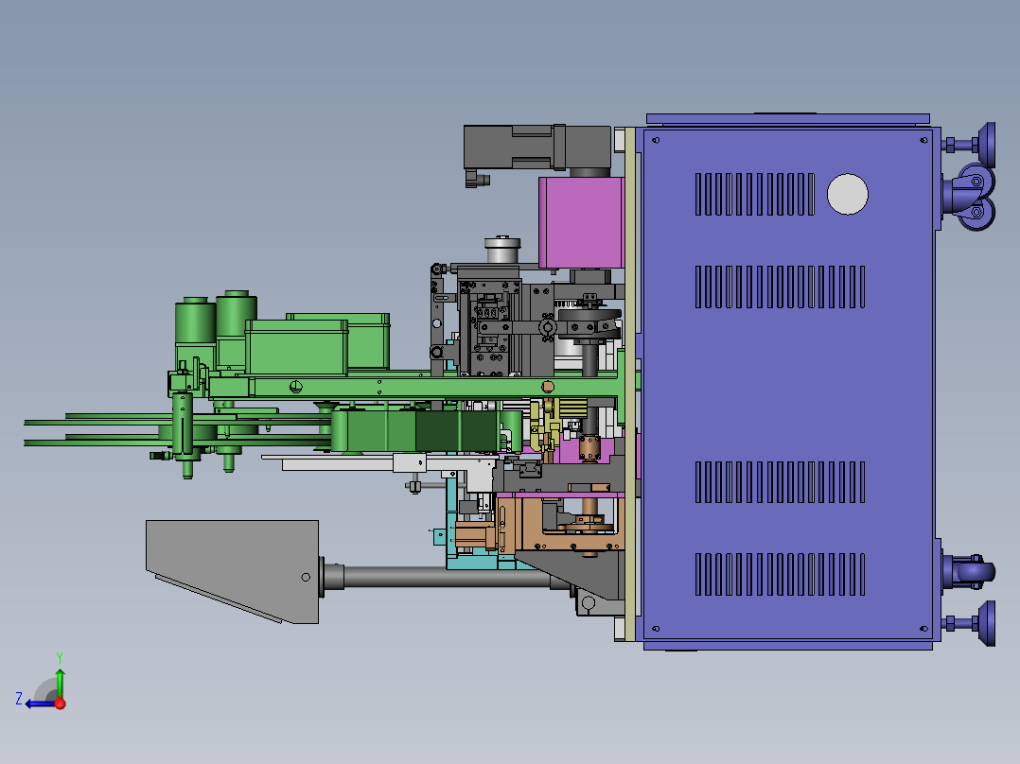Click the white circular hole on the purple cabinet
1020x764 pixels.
pos(847,194)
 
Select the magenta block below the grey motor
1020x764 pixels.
pos(581,222)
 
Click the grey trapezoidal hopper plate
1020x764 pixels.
pos(232,571)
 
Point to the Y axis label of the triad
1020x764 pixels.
pos(60,657)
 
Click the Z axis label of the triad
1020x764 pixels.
pos(19,699)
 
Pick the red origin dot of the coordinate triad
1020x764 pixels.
pos(61,703)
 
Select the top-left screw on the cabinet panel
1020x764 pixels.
pos(656,140)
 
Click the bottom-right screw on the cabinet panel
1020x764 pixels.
pos(923,629)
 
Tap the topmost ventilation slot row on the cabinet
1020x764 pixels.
pos(755,194)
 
